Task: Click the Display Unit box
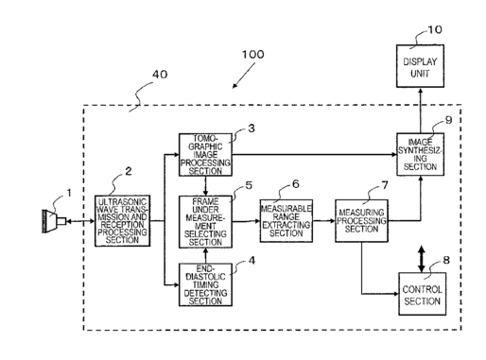[x=420, y=66]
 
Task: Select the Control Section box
[x=423, y=294]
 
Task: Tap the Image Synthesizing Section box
[x=420, y=154]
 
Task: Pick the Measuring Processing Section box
[x=361, y=221]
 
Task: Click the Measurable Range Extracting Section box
[x=286, y=221]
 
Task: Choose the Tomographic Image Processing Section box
[x=205, y=155]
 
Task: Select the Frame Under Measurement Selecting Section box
[x=205, y=222]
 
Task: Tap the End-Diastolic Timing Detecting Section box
[x=205, y=284]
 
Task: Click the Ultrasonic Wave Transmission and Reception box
[x=122, y=221]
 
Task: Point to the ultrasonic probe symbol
[x=54, y=221]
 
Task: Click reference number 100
[x=252, y=55]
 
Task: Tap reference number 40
[x=160, y=75]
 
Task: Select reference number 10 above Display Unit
[x=435, y=29]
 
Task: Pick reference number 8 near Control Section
[x=446, y=260]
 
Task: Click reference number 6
[x=295, y=184]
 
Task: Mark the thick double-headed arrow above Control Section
[x=422, y=259]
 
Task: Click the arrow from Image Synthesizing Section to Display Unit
[x=420, y=111]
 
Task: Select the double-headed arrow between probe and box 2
[x=80, y=221]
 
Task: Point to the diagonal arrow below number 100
[x=244, y=76]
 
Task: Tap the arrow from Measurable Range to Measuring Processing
[x=324, y=221]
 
